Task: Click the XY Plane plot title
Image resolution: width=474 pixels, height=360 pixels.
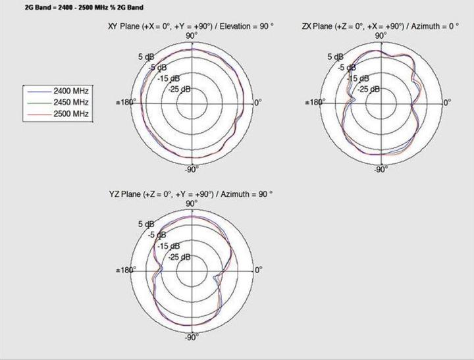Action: (191, 26)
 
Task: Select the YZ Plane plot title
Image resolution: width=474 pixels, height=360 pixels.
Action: (191, 194)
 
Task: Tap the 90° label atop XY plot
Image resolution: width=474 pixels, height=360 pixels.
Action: (192, 36)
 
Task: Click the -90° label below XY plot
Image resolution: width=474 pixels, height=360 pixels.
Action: (192, 170)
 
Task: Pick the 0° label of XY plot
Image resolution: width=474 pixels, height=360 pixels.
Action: (257, 103)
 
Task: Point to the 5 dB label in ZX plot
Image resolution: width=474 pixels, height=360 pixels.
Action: (335, 57)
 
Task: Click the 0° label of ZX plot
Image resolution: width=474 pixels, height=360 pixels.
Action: (446, 103)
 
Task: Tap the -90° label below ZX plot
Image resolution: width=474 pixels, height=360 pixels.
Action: (381, 170)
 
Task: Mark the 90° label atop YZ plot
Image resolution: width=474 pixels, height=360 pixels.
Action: (192, 204)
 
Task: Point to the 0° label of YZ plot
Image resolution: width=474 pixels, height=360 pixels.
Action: (257, 270)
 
